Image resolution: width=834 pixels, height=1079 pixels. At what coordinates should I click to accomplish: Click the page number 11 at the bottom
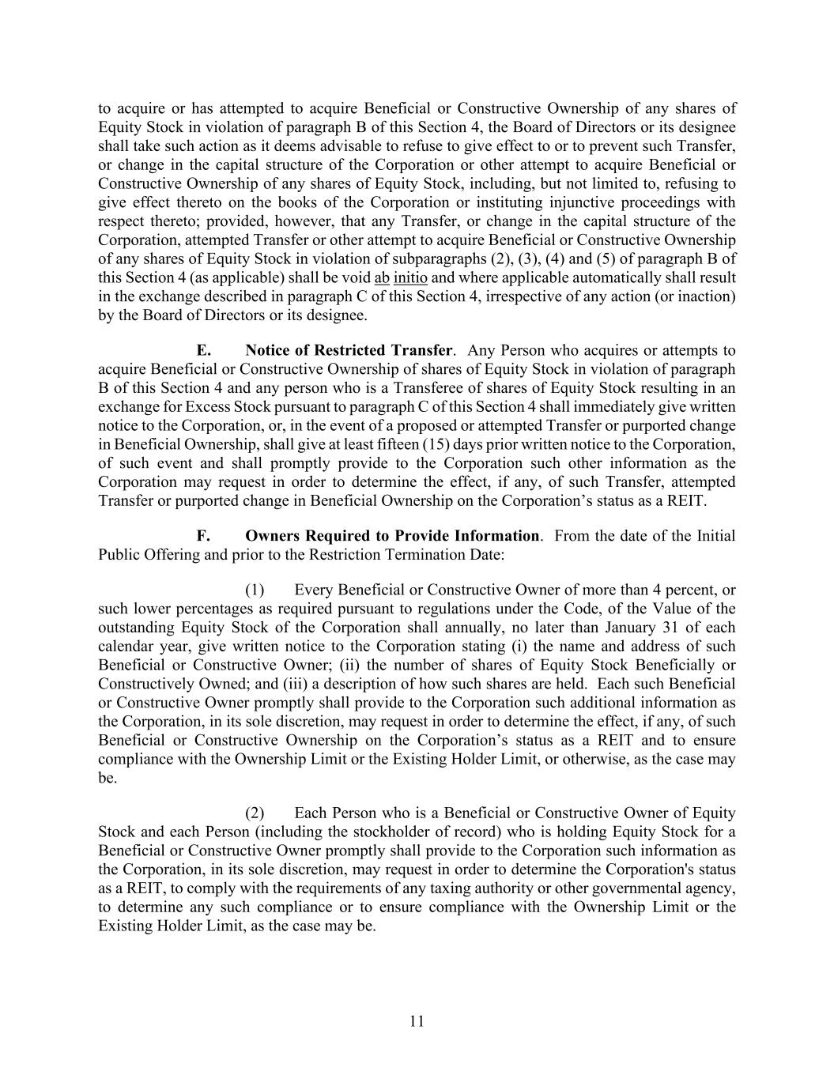point(417,1021)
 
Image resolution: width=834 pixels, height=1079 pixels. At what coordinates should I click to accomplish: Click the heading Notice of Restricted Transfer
point(349,350)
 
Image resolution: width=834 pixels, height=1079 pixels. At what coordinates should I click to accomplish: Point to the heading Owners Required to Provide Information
point(393,536)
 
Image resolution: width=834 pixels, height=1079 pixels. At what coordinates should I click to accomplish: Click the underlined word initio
point(410,277)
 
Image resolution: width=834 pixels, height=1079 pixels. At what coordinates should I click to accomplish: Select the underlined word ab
point(382,277)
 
